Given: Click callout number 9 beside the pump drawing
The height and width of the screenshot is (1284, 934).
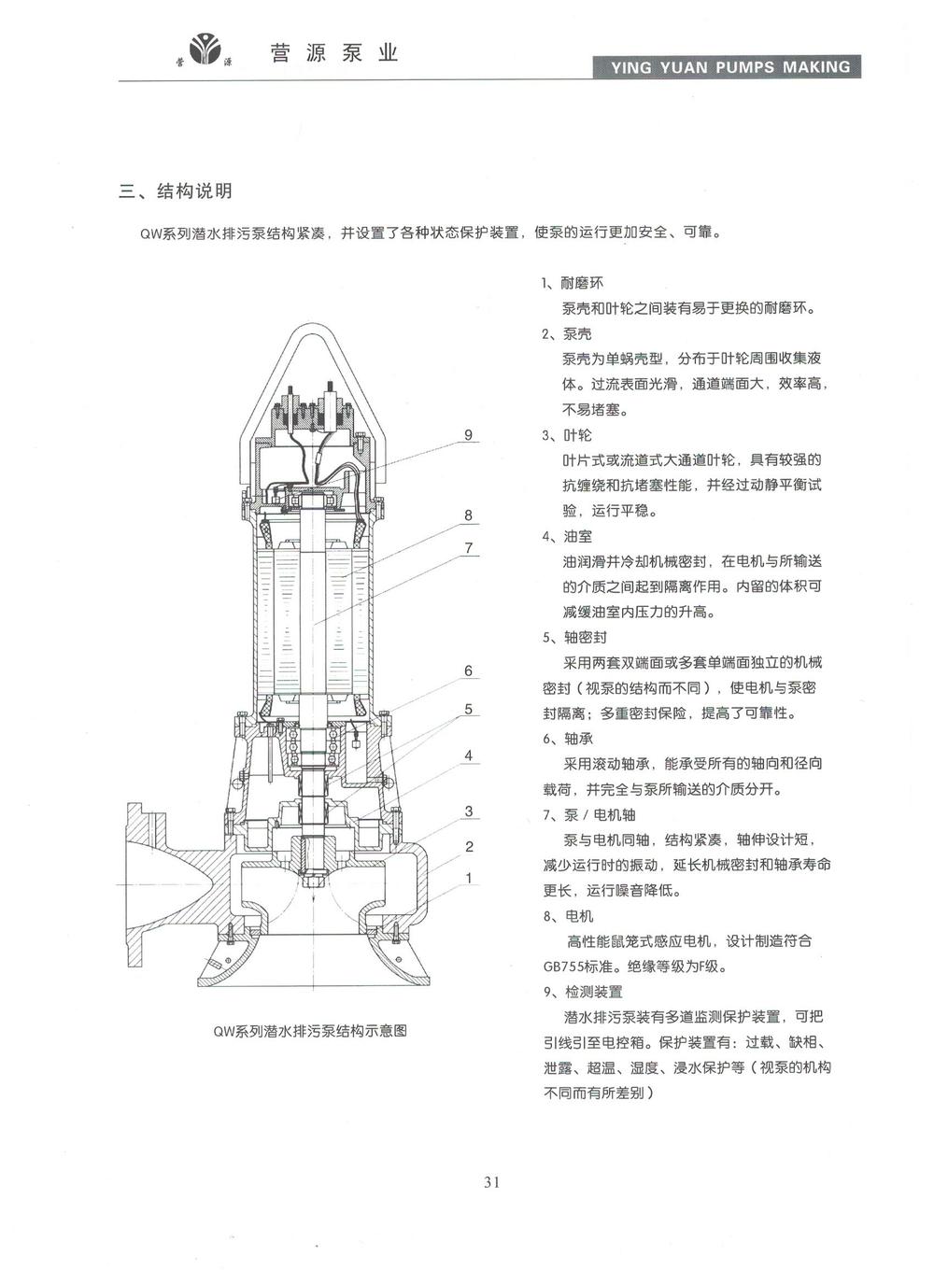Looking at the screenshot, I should [x=469, y=435].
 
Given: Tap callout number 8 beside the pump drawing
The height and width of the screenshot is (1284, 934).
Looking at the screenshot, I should [x=469, y=515].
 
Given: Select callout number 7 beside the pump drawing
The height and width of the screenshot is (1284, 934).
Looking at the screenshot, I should [x=469, y=548].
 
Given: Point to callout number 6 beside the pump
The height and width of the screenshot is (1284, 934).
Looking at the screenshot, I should [x=469, y=670].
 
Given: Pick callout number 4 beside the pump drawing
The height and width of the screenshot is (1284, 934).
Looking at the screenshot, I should [x=469, y=755].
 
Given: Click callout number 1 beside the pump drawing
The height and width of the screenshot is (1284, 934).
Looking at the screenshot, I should [x=469, y=878].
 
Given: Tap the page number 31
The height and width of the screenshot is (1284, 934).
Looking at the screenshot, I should [x=492, y=1182].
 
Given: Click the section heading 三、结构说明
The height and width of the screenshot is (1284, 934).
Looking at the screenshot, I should [x=176, y=191].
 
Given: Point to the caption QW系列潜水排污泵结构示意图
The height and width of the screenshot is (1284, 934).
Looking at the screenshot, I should [x=310, y=1032].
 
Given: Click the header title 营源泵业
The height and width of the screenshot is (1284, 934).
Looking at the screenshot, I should [x=334, y=53].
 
